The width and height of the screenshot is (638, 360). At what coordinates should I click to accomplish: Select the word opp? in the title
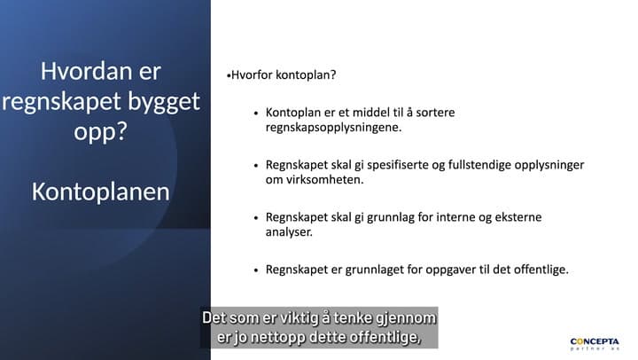(100, 132)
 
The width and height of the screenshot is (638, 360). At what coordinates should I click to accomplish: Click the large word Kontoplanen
(100, 192)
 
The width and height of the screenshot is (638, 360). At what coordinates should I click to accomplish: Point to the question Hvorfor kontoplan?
(284, 75)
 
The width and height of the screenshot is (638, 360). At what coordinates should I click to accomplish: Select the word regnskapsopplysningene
(334, 128)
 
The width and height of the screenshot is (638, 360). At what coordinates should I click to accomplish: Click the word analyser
(289, 232)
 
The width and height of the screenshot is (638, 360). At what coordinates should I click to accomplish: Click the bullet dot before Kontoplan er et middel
(256, 113)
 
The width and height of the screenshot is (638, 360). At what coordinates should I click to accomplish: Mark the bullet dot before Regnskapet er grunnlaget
(256, 270)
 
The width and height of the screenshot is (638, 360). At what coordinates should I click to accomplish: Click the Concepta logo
(595, 344)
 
